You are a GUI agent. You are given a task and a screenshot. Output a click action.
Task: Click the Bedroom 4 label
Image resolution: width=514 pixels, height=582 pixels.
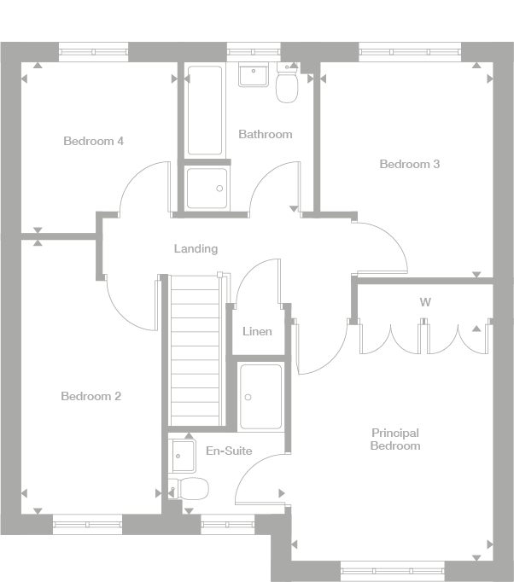pos(94,141)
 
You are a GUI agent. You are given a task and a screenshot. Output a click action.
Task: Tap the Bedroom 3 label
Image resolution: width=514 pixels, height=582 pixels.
pos(410,164)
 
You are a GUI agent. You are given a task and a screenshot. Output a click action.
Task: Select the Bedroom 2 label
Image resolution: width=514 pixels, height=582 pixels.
pos(91,396)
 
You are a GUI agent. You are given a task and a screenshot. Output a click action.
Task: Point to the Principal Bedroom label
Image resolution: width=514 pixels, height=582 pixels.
pos(395,439)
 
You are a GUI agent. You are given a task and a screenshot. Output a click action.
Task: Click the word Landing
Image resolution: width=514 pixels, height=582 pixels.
pos(196,249)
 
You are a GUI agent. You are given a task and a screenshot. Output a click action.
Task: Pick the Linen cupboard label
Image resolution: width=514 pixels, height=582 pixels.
pos(257,331)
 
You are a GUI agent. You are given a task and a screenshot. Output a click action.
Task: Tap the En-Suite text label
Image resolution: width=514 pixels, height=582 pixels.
pos(229,451)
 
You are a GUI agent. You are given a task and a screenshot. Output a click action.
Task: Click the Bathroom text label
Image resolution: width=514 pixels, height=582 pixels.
pos(265,134)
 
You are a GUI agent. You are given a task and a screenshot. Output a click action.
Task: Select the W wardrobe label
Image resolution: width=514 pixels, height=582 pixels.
pos(424,302)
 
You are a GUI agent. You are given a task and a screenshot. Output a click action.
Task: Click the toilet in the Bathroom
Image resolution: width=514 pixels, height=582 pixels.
pos(287,86)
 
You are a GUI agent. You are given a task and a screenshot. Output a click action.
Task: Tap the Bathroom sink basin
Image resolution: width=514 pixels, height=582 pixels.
pos(253,76)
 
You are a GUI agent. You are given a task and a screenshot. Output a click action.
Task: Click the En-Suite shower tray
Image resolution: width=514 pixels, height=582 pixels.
pos(260,396)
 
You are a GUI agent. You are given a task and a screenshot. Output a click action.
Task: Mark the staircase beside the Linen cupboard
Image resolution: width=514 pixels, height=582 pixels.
pos(196,350)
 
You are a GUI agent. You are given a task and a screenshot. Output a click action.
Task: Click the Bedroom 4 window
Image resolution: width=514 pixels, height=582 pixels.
pos(94,52)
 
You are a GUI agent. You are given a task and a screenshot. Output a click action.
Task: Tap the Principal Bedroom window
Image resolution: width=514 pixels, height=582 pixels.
pos(393,571)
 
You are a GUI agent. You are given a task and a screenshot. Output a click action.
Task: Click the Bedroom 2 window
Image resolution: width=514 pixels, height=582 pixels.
pos(87,524)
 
